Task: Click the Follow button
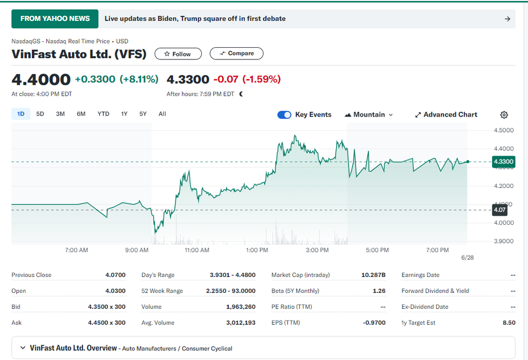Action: point(178,54)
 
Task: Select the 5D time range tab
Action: point(40,114)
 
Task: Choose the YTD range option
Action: point(103,114)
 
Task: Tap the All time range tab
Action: point(162,114)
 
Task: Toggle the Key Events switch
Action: point(284,115)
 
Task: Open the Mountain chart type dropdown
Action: point(369,115)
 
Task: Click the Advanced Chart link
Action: point(446,115)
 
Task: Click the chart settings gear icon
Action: point(504,115)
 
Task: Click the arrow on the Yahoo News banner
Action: point(508,19)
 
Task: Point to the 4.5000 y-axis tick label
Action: point(504,130)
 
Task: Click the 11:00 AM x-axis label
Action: point(197,250)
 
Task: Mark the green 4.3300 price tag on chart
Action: point(503,162)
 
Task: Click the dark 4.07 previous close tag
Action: point(499,210)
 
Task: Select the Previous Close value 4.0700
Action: point(115,275)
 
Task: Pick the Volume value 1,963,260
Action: point(241,307)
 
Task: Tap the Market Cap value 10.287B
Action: point(373,275)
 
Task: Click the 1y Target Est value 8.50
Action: point(509,323)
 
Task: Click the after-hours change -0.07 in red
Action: point(226,79)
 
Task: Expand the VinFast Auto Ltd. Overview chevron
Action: point(23,347)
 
